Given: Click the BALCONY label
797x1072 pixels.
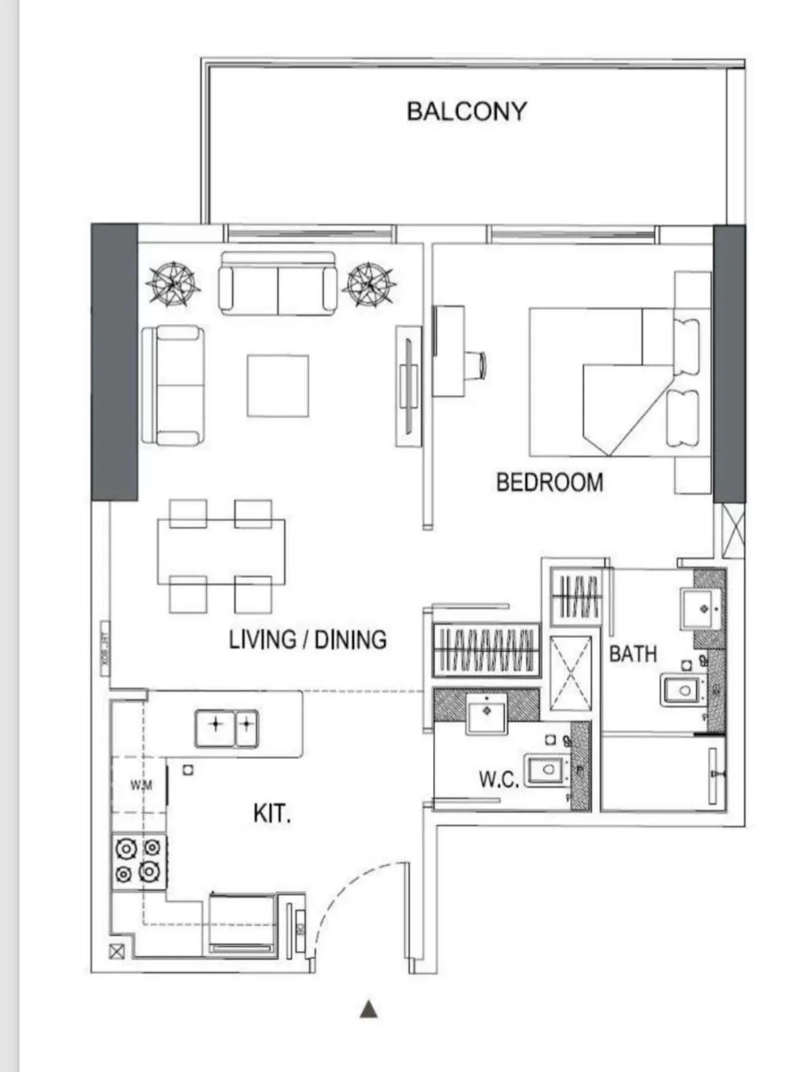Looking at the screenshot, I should [x=466, y=111].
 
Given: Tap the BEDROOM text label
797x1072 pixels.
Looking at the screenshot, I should [x=549, y=482].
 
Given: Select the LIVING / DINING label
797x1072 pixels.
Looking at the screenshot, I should [x=307, y=640].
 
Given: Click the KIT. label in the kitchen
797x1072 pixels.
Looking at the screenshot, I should [x=272, y=814].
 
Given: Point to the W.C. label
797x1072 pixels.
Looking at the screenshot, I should [x=499, y=779].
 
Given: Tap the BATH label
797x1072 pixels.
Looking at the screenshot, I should [x=632, y=654].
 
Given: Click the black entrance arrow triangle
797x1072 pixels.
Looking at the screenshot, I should [x=369, y=1009].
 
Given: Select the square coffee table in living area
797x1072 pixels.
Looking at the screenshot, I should [x=278, y=385].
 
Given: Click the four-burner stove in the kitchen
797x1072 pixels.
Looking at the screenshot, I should [x=138, y=861].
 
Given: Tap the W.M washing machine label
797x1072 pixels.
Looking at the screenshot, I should [x=141, y=785].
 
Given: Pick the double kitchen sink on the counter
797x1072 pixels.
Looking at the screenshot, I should [x=226, y=728].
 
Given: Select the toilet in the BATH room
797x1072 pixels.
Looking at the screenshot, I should [x=682, y=690].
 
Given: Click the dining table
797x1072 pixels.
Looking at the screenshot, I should [x=221, y=551].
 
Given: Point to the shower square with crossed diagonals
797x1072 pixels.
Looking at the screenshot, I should [x=570, y=673].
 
